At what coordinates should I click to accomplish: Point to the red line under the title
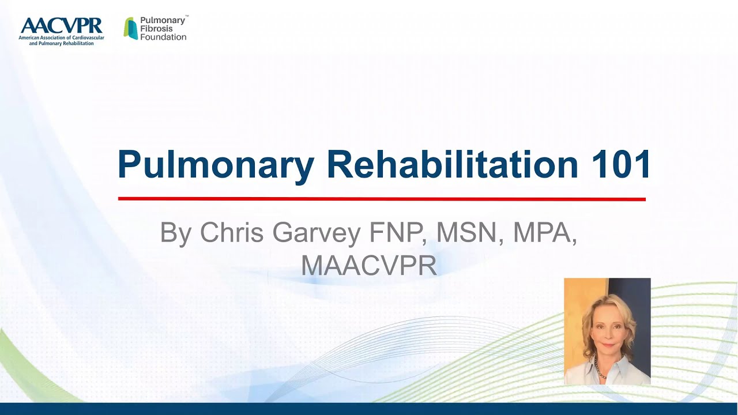tap(381, 199)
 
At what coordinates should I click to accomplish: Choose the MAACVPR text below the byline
tap(368, 265)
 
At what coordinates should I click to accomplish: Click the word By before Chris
tap(176, 233)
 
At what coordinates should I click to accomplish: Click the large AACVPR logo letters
tap(61, 26)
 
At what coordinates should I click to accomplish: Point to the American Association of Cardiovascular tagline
tap(61, 38)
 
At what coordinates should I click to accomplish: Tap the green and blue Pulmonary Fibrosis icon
tap(131, 28)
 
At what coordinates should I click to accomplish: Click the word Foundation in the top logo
tap(163, 37)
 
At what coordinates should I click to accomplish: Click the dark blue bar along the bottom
tap(369, 409)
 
